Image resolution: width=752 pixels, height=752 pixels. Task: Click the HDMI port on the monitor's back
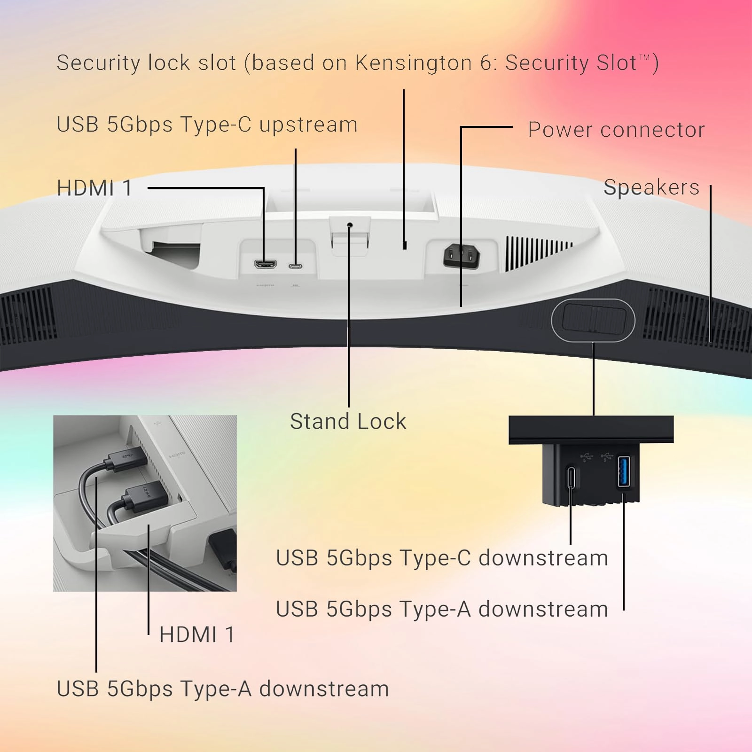(x=265, y=264)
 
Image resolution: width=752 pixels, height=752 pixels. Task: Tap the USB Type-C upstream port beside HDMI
(x=295, y=266)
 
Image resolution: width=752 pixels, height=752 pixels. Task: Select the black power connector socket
(x=462, y=257)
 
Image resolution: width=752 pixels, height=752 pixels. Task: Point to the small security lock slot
(x=405, y=245)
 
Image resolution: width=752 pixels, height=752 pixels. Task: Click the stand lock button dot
(x=349, y=226)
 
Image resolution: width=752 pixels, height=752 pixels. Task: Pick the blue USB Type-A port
(x=623, y=471)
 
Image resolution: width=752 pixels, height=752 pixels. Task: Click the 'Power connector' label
(x=616, y=130)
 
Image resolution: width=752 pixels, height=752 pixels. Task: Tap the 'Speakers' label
(x=651, y=187)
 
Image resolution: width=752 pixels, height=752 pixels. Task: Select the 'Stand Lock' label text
(x=348, y=421)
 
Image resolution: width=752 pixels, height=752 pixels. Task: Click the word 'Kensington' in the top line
(x=413, y=63)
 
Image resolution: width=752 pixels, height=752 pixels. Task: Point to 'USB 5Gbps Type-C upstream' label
(x=207, y=125)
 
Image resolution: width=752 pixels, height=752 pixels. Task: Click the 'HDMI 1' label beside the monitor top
(x=94, y=188)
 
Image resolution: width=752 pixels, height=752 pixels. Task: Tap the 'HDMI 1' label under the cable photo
(x=197, y=634)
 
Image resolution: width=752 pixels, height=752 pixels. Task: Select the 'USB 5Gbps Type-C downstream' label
(x=442, y=558)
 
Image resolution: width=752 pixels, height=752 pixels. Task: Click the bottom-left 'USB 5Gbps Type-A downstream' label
(x=223, y=689)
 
